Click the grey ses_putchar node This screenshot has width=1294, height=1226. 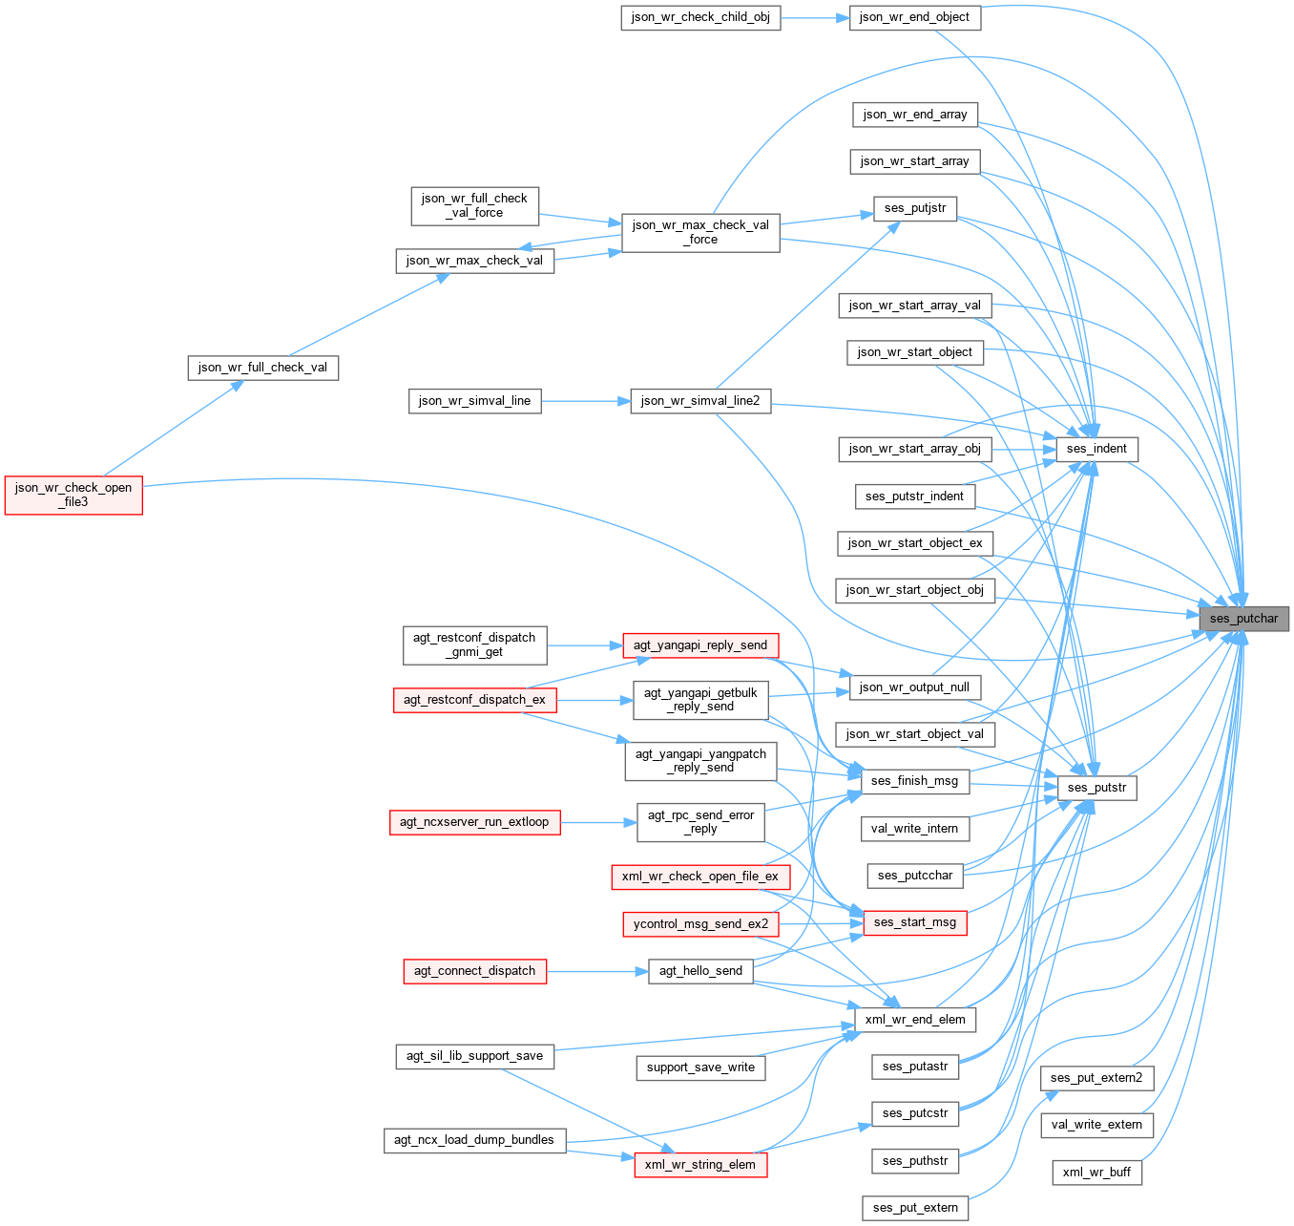click(1243, 619)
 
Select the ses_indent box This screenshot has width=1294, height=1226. click(1096, 449)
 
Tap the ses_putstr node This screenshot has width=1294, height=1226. click(1096, 788)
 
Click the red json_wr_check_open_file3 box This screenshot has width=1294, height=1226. click(73, 495)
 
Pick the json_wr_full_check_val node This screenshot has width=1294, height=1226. click(262, 368)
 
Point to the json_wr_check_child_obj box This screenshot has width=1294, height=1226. click(700, 17)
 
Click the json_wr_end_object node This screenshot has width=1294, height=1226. click(914, 17)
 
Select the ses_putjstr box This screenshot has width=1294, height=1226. click(914, 208)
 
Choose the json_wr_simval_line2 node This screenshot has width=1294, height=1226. click(700, 401)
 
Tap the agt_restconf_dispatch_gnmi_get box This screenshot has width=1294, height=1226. click(474, 645)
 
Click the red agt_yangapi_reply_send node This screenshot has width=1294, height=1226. click(700, 645)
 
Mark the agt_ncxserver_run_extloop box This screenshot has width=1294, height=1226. click(474, 822)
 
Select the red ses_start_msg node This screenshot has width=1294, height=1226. click(914, 922)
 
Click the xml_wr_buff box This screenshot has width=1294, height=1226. click(1096, 1173)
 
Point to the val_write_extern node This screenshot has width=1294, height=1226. click(1096, 1125)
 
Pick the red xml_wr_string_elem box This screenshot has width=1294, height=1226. click(700, 1165)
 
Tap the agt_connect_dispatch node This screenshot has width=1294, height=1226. click(474, 971)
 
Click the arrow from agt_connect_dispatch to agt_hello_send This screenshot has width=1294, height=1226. click(597, 971)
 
